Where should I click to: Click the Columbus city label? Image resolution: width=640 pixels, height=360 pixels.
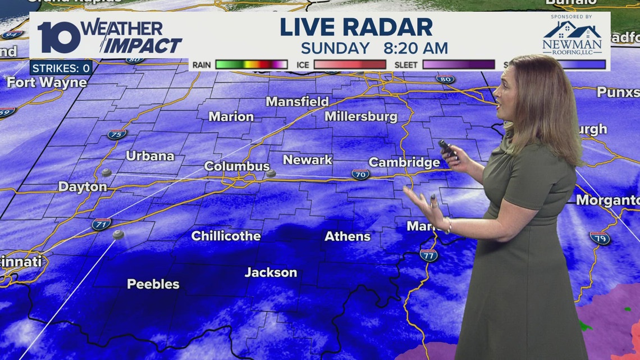pos(236,166)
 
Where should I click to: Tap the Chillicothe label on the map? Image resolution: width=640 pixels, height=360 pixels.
pos(226,236)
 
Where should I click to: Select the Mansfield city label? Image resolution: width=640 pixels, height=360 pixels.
pos(297,102)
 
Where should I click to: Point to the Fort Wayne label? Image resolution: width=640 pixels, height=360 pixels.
pos(47,83)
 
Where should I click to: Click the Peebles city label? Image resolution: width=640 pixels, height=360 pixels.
pos(153,284)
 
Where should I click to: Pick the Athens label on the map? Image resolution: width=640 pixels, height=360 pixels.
pos(348,236)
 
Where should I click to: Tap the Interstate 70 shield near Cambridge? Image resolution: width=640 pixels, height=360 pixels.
pos(360,174)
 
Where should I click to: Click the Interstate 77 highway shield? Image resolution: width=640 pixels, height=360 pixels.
pos(428,255)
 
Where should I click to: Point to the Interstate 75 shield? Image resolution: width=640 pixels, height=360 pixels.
pos(117,134)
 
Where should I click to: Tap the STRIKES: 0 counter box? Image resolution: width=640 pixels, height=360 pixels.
pos(61,69)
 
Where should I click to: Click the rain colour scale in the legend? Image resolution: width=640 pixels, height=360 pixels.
pos(251,65)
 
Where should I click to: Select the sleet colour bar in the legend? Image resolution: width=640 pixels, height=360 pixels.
pos(458,65)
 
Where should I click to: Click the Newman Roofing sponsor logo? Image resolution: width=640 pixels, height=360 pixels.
pos(572,38)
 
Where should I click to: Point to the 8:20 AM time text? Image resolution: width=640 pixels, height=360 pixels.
pos(416,48)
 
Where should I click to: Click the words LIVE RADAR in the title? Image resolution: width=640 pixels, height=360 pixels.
pos(356,28)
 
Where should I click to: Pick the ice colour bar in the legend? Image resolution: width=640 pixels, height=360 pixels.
pos(350,65)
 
